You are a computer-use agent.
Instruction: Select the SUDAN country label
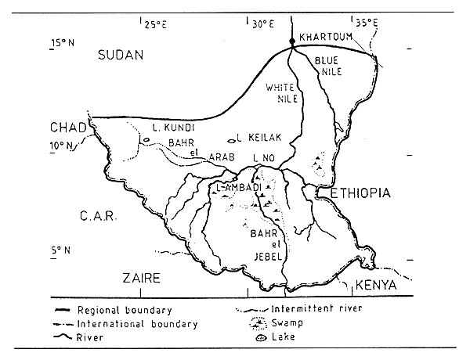(x=121, y=55)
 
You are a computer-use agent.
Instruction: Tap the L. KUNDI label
(x=168, y=127)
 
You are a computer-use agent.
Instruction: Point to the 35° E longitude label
(x=366, y=24)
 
